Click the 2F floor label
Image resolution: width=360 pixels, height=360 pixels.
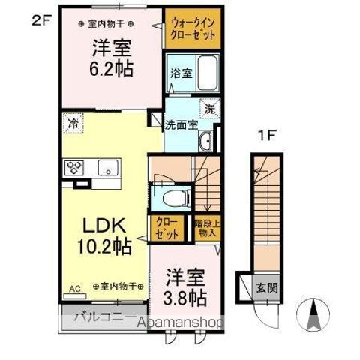[x=40, y=21]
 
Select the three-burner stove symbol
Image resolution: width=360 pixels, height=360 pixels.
[x=75, y=167]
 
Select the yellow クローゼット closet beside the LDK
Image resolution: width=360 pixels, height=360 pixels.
[x=166, y=228]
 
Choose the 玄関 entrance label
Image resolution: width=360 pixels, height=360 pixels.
[x=268, y=287]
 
